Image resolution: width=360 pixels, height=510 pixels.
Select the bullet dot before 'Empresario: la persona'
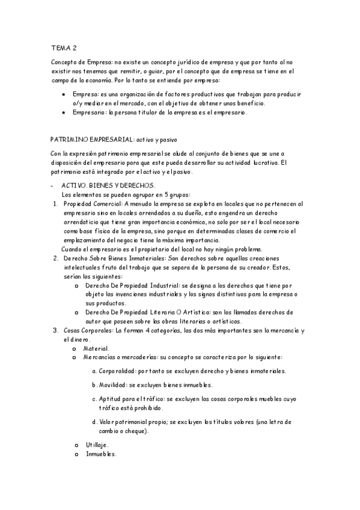[x=64, y=112]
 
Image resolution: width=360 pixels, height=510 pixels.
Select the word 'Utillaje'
[x=97, y=444]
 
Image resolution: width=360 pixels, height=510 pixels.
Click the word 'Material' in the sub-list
[x=96, y=349]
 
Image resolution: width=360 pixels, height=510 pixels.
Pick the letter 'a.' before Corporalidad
[x=94, y=371]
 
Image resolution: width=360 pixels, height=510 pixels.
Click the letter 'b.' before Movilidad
[x=94, y=385]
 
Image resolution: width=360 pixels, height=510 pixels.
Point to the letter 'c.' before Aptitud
[x=94, y=399]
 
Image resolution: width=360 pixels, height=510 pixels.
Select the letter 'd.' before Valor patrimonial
[x=94, y=422]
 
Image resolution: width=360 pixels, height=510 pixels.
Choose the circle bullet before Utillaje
[x=75, y=445]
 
